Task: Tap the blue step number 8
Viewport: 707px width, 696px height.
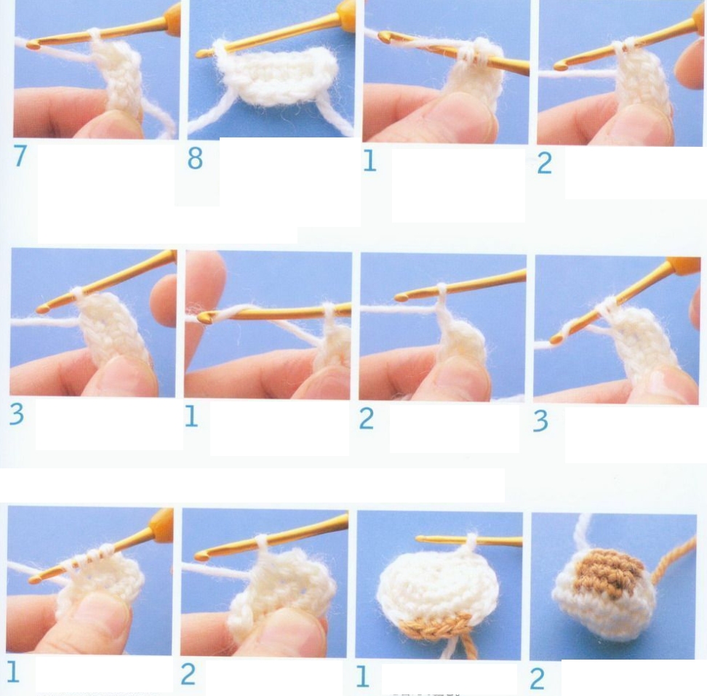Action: (195, 159)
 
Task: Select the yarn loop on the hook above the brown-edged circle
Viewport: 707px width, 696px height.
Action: (471, 540)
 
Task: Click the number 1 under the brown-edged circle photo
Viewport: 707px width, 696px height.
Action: (363, 676)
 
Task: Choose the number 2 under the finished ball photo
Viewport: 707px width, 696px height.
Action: (537, 679)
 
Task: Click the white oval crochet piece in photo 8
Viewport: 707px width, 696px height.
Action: (276, 76)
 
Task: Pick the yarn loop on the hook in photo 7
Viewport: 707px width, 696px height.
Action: (95, 36)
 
